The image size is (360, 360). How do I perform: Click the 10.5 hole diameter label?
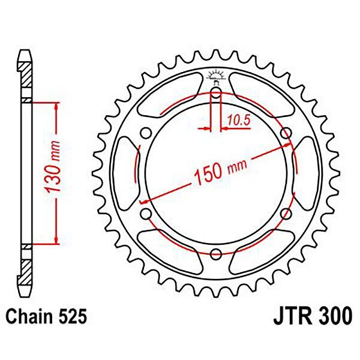tap(239, 121)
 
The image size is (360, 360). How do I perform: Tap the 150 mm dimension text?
tap(221, 170)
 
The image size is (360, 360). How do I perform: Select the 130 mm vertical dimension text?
tap(53, 167)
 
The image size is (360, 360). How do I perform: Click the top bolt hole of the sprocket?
tap(216, 93)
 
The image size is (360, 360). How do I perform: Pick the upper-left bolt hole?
tap(146, 133)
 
